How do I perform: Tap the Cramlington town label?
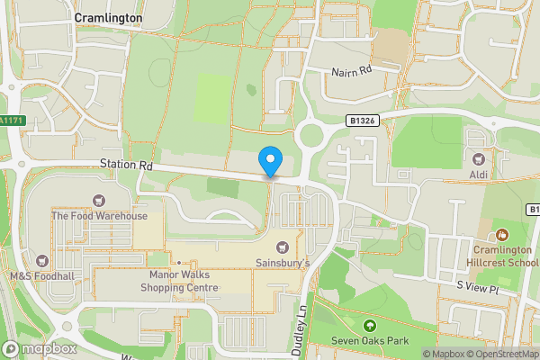point(108,17)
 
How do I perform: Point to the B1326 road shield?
point(361,119)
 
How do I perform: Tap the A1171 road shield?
point(9,121)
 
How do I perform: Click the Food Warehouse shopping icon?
point(98,199)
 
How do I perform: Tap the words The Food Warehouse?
point(99,216)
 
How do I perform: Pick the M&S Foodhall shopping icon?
point(40,259)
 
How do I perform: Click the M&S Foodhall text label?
point(40,275)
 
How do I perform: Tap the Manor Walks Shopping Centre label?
point(179,281)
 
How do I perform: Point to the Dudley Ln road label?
point(303,323)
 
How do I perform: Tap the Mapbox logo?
point(40,348)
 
